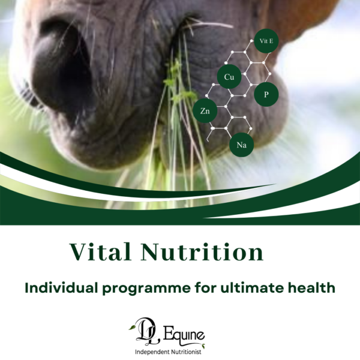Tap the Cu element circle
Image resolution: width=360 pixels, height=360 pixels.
click(x=229, y=77)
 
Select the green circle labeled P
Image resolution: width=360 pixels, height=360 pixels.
click(x=266, y=95)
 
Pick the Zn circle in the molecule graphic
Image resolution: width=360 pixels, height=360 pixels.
click(x=204, y=110)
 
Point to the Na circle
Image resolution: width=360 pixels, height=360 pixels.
click(x=241, y=145)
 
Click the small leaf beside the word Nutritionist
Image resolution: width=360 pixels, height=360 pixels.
click(x=203, y=346)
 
